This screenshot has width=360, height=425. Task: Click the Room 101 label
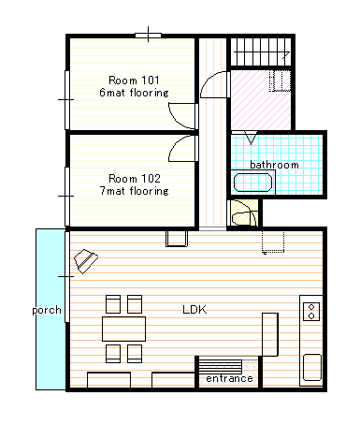click(x=134, y=81)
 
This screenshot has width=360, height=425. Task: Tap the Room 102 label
click(x=135, y=179)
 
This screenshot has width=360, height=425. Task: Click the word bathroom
click(x=274, y=165)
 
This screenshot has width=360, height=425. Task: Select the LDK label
click(x=194, y=310)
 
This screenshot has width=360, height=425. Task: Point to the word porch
click(x=47, y=310)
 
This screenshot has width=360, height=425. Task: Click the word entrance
click(x=229, y=378)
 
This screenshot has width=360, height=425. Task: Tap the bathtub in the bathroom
click(x=252, y=183)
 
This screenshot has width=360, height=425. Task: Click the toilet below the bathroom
click(x=244, y=213)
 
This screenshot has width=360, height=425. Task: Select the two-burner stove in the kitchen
click(x=311, y=312)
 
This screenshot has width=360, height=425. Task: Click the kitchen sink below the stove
click(x=312, y=368)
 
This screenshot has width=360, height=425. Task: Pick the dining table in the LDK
click(x=123, y=329)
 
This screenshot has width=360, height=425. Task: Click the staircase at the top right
click(x=261, y=51)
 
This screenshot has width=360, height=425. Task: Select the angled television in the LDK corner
click(x=86, y=261)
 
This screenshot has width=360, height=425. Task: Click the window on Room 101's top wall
click(x=148, y=36)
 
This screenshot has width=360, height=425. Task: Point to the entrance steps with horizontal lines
click(x=221, y=366)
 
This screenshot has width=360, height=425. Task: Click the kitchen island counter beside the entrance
click(x=270, y=334)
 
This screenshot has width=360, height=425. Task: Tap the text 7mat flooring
click(x=135, y=191)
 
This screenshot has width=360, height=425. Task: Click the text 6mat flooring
click(x=134, y=93)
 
